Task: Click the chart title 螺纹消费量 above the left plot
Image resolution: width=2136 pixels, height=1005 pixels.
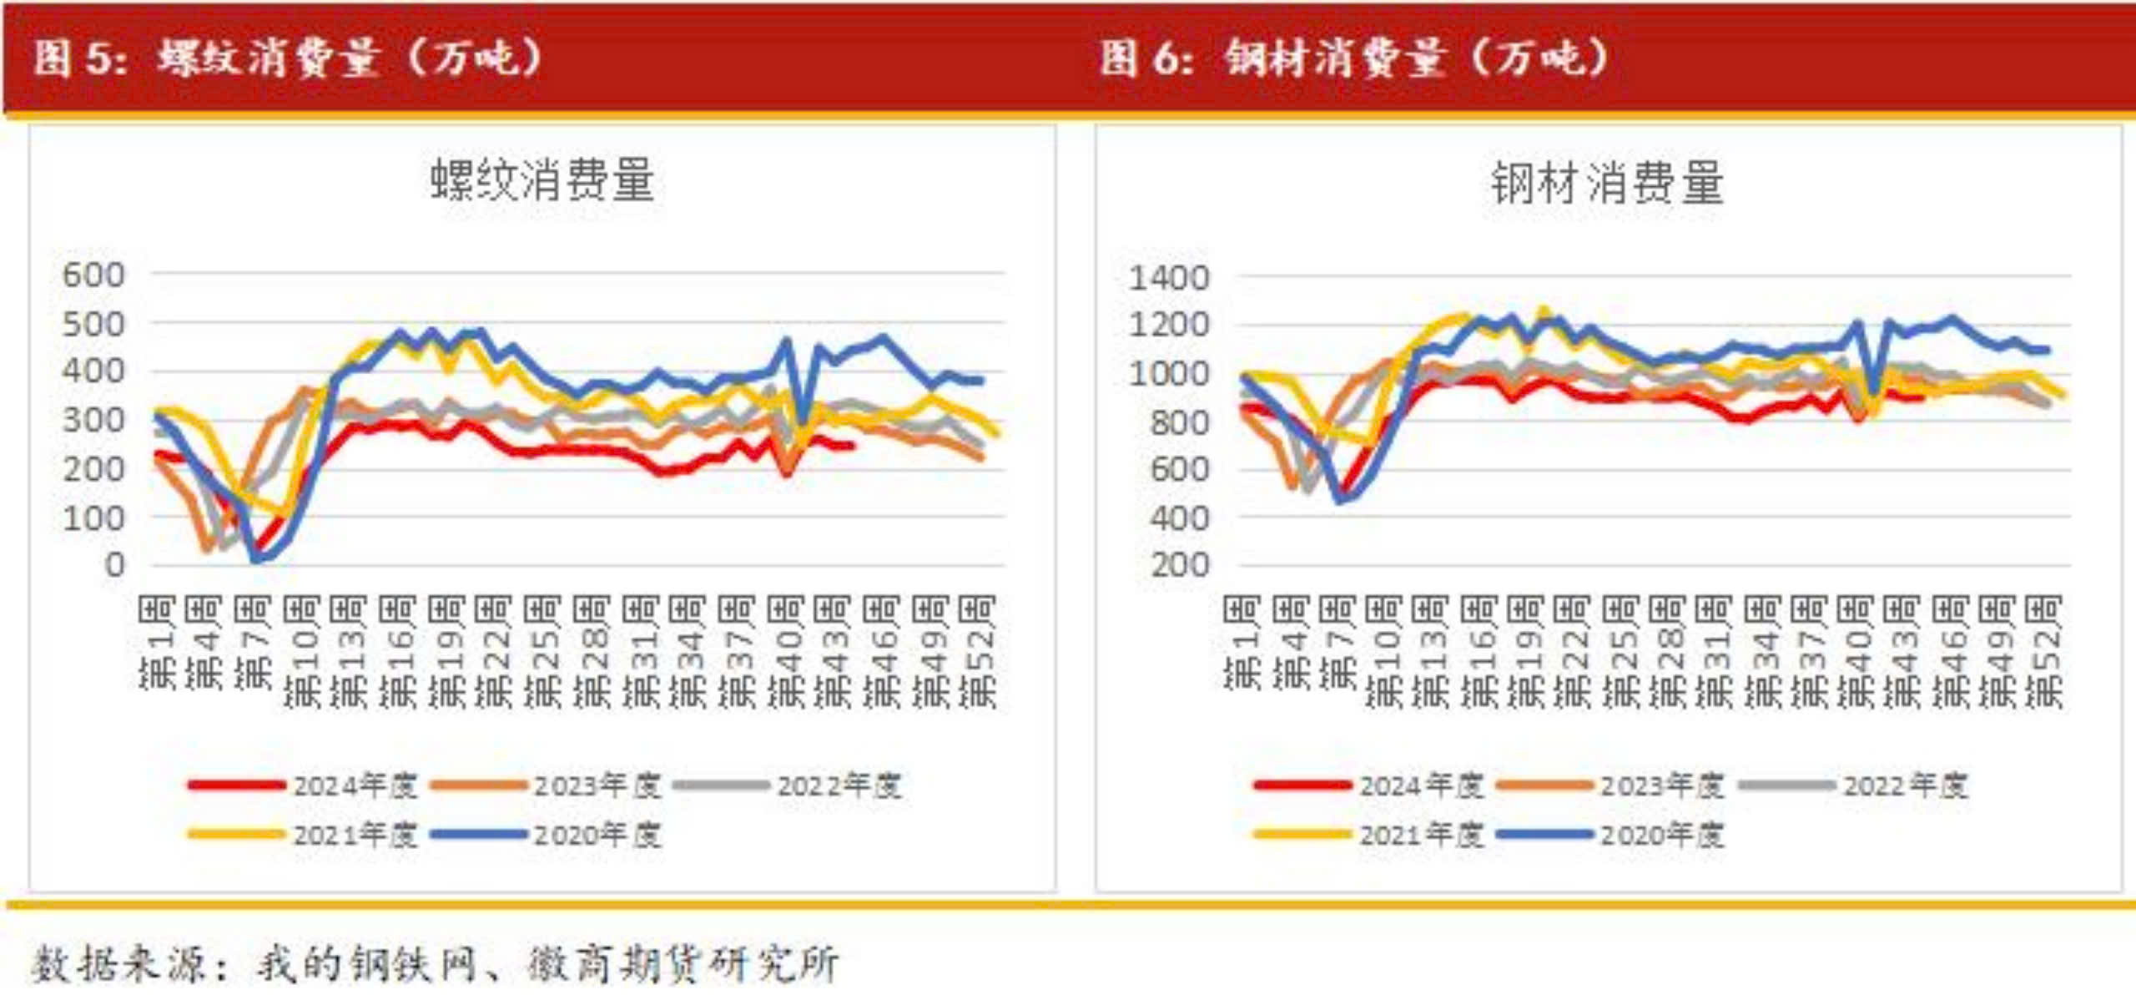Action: click(x=542, y=179)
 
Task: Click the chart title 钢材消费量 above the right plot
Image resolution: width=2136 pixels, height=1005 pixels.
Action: click(x=1607, y=183)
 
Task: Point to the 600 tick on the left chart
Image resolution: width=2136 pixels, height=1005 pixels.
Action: click(x=93, y=275)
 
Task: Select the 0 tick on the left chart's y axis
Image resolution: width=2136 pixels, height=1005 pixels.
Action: click(x=113, y=565)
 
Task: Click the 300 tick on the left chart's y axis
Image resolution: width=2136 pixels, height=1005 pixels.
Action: click(x=93, y=420)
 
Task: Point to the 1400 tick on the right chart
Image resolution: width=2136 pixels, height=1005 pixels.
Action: click(x=1168, y=277)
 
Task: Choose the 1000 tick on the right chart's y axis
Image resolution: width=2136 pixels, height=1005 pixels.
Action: click(x=1168, y=373)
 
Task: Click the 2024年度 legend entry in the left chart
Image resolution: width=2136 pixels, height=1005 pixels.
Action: click(x=354, y=785)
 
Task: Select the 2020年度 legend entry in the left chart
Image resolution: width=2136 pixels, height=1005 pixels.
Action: click(x=597, y=835)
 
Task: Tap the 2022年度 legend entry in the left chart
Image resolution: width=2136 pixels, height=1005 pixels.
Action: click(x=839, y=785)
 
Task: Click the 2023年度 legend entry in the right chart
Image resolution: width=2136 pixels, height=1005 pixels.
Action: click(x=1661, y=785)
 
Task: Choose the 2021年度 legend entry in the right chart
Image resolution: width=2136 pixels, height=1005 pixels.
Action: click(x=1421, y=835)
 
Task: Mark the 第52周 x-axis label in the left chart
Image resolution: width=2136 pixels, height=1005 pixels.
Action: click(x=978, y=651)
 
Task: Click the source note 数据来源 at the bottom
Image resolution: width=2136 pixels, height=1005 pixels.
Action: click(x=434, y=964)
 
